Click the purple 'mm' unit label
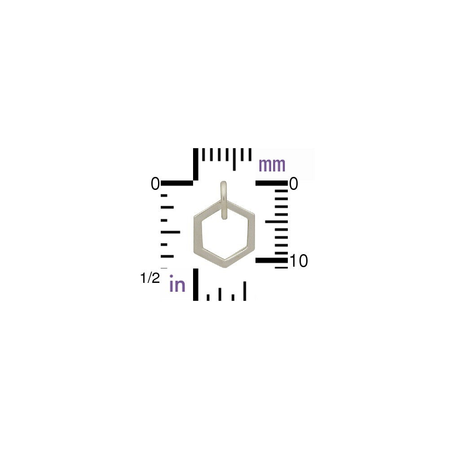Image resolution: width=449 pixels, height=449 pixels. pyautogui.click(x=272, y=165)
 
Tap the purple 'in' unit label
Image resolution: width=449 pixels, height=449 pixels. pyautogui.click(x=177, y=283)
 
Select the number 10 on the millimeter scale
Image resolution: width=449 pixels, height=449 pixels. pyautogui.click(x=299, y=261)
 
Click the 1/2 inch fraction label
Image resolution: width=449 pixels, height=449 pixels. pyautogui.click(x=150, y=278)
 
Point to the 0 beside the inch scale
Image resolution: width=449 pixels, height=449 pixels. pyautogui.click(x=155, y=184)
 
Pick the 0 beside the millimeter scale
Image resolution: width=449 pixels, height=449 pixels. pyautogui.click(x=294, y=184)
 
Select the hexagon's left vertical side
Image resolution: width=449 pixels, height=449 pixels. pyautogui.click(x=198, y=233)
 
